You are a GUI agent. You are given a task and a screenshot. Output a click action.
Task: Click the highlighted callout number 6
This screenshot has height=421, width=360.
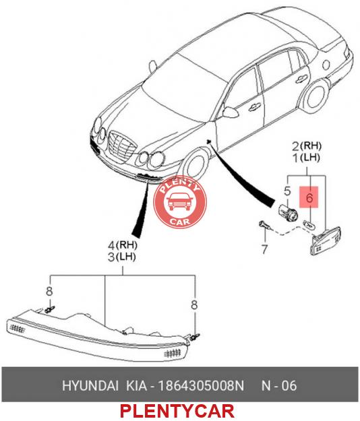(309, 198)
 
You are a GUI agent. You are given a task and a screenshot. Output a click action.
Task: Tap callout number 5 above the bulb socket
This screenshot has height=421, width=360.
(287, 191)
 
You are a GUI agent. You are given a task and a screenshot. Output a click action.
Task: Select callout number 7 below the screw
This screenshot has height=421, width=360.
(265, 249)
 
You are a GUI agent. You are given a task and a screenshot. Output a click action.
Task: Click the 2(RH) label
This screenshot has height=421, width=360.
(307, 145)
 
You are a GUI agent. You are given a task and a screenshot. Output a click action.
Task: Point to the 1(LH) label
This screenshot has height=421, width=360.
(307, 158)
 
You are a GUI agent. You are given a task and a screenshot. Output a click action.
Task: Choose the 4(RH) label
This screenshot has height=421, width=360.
(122, 245)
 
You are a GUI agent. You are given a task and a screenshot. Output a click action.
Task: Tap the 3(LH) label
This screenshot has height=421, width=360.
(122, 257)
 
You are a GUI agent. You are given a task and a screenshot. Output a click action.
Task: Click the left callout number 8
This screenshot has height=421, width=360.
(49, 291)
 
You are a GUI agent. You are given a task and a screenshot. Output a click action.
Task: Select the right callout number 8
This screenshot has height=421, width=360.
(194, 304)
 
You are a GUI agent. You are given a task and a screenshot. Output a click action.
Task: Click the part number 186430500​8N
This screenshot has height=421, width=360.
(201, 385)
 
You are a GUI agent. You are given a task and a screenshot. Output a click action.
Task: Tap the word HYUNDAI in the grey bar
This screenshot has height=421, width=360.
(90, 385)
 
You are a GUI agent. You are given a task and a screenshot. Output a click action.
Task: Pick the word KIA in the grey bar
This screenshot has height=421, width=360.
(136, 385)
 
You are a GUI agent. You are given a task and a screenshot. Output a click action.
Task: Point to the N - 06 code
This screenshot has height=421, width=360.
(279, 385)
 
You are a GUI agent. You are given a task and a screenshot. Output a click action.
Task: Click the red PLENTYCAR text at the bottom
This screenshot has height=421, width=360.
(177, 411)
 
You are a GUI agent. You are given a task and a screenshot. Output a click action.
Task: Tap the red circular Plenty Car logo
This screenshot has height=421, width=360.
(180, 203)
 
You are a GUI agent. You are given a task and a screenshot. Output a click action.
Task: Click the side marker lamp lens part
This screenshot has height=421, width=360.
(326, 241)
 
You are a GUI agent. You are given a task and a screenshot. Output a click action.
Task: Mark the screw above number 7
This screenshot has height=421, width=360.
(264, 225)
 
